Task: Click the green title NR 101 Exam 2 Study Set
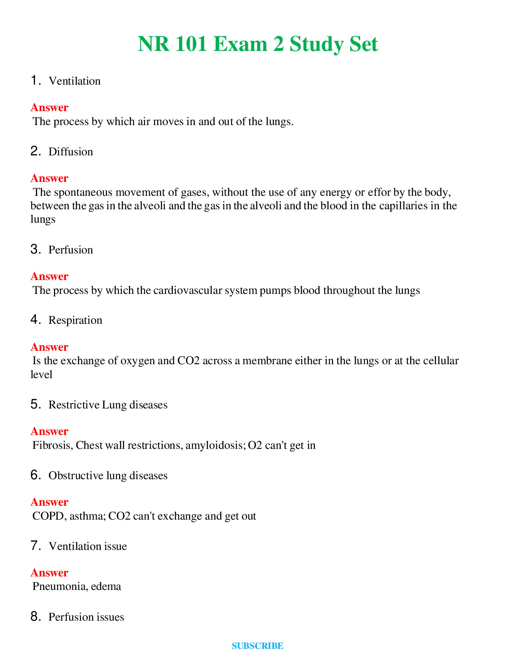click(x=258, y=44)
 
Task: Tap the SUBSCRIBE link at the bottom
click(x=257, y=646)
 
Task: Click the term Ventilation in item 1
click(x=75, y=81)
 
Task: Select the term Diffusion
click(x=71, y=152)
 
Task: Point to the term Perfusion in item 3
click(x=71, y=250)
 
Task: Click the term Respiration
click(x=75, y=320)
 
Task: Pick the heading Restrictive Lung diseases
click(x=108, y=405)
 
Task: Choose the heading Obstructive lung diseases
click(x=108, y=475)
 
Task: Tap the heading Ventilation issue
click(x=88, y=546)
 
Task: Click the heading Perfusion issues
click(x=86, y=617)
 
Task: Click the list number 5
click(x=35, y=404)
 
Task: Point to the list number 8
click(x=35, y=616)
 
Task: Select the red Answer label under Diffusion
click(x=49, y=178)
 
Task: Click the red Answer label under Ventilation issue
click(x=49, y=573)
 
